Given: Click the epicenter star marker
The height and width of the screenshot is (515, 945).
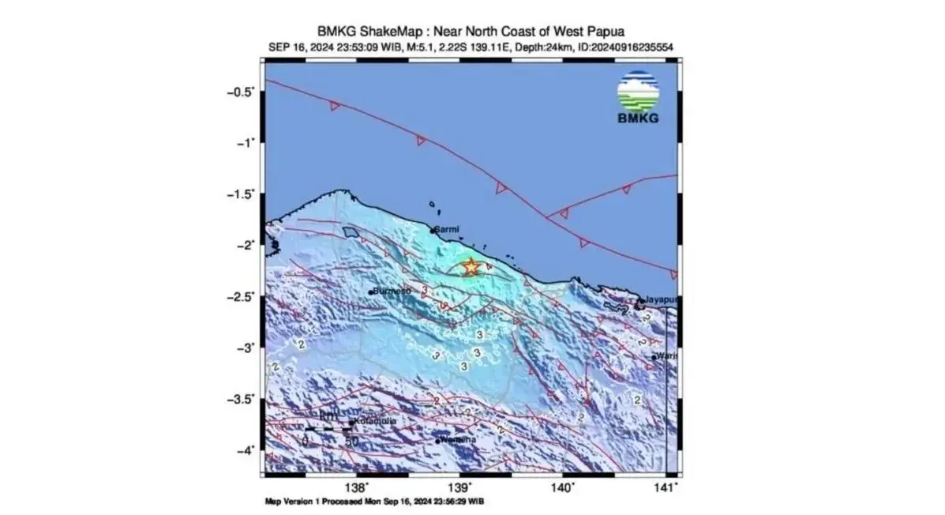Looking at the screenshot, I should click(x=471, y=267).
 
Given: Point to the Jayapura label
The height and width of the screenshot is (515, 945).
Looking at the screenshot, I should click(x=662, y=300).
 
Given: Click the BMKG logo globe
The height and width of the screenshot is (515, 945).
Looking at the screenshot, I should click(x=638, y=92).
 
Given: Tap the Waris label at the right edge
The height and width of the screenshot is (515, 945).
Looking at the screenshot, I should click(x=668, y=356).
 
